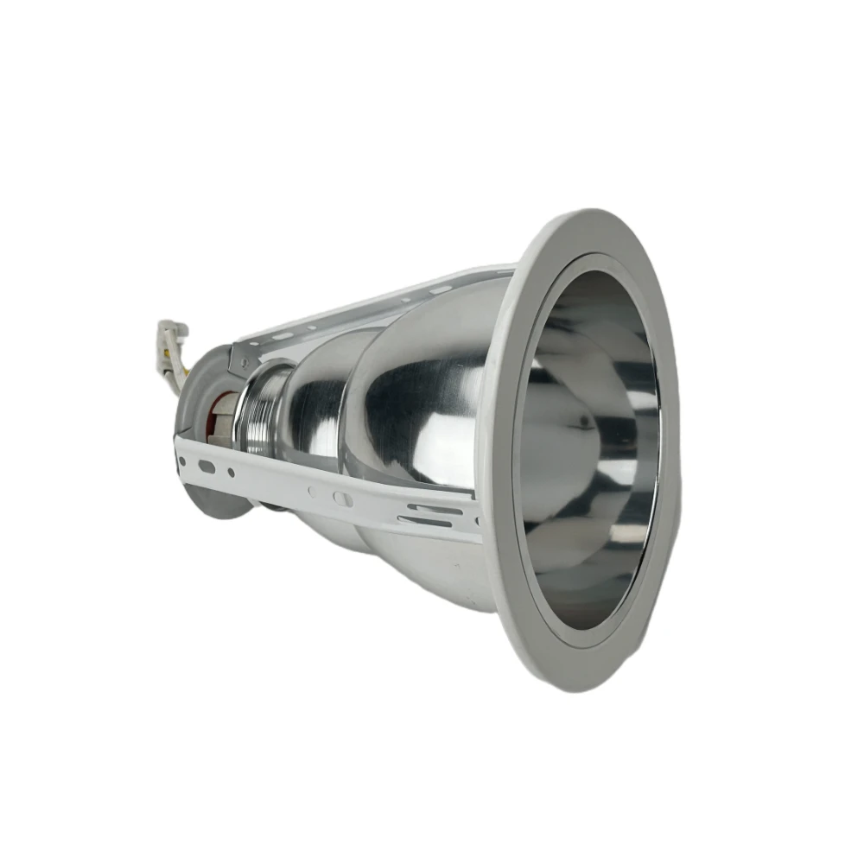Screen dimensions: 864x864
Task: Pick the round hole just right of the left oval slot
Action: (231, 472)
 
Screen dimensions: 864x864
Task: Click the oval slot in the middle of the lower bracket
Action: (342, 499)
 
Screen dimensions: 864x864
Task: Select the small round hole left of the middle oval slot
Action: (312, 492)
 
